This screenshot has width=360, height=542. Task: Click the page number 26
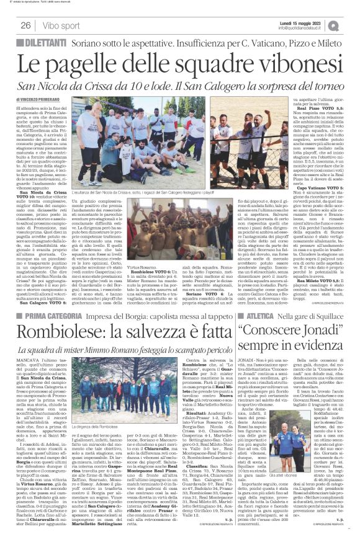(27, 25)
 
